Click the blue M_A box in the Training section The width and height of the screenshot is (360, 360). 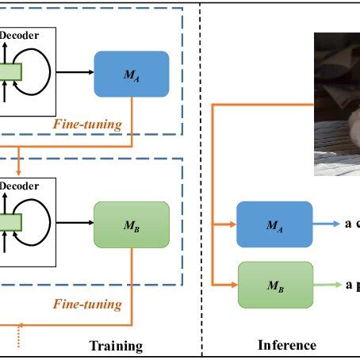pyautogui.click(x=131, y=74)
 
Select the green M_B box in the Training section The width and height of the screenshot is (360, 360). pyautogui.click(x=131, y=225)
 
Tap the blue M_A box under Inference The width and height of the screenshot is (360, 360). pyautogui.click(x=274, y=226)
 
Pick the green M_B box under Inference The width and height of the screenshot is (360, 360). pyautogui.click(x=274, y=285)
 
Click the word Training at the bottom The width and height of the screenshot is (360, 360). pyautogui.click(x=116, y=346)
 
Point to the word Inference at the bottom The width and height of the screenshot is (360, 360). pyautogui.click(x=287, y=345)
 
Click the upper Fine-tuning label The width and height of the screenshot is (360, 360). pyautogui.click(x=87, y=124)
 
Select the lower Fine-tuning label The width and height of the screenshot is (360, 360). pyautogui.click(x=87, y=304)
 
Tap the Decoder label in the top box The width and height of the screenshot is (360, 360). pyautogui.click(x=15, y=35)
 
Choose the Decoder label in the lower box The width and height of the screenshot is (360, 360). pyautogui.click(x=15, y=186)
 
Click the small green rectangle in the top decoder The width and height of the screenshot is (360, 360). pyautogui.click(x=10, y=72)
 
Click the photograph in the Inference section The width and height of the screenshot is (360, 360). pyautogui.click(x=337, y=103)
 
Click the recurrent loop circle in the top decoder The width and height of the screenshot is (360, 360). pyautogui.click(x=36, y=72)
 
